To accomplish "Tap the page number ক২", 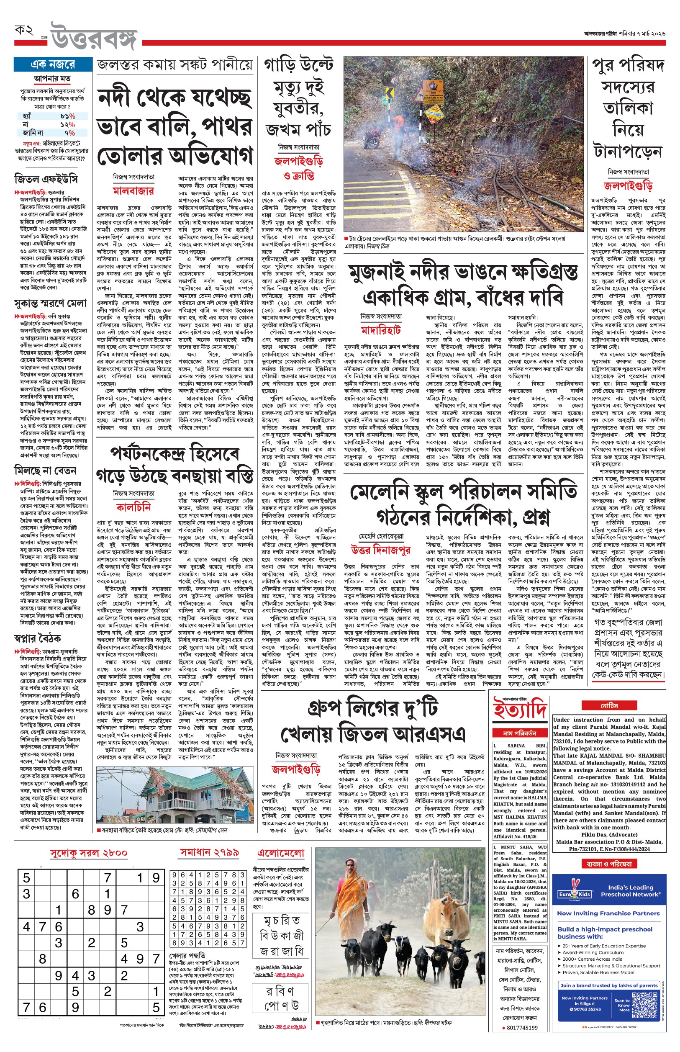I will (24, 31).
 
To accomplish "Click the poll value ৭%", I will (70, 132).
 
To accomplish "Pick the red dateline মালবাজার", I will (133, 191).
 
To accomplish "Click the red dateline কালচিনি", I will (133, 507).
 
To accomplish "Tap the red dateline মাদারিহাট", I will (381, 330).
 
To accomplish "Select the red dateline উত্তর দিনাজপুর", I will (381, 550).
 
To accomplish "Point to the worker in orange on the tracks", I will (399, 129).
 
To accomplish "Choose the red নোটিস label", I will (609, 706).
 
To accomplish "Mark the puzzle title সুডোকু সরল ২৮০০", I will (89, 853).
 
